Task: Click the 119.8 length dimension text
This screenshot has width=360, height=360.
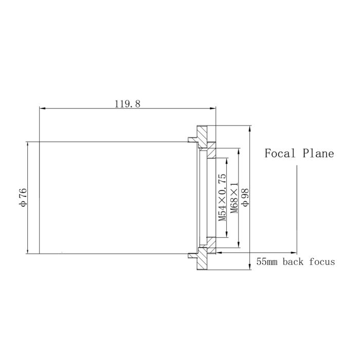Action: click(128, 103)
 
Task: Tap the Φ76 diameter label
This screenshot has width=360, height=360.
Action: click(23, 197)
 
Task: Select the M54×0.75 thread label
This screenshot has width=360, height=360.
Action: click(222, 197)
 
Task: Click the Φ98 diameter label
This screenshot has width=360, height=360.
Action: click(245, 197)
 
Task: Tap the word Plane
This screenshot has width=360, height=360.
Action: click(318, 153)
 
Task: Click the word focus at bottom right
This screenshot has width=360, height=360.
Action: click(322, 262)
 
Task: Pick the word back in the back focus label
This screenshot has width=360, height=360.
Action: click(295, 262)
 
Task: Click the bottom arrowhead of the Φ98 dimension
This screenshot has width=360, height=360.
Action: click(250, 267)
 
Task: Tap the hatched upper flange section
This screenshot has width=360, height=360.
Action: click(204, 137)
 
